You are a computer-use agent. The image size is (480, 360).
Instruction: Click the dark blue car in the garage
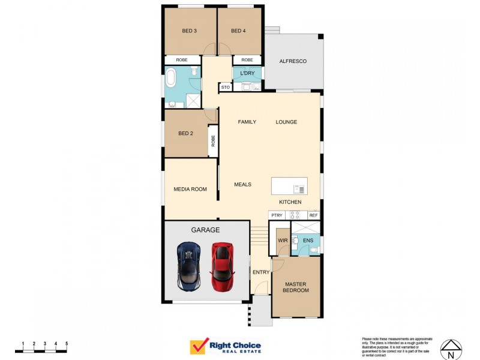pyautogui.click(x=188, y=266)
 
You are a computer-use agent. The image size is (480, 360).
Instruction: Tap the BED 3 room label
pyautogui.click(x=190, y=31)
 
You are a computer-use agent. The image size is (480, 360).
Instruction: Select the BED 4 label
pyautogui.click(x=239, y=31)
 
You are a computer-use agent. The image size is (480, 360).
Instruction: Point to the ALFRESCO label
pyautogui.click(x=293, y=61)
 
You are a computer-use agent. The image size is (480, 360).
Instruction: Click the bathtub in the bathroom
pyautogui.click(x=172, y=77)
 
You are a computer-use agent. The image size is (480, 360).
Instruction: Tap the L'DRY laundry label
pyautogui.click(x=247, y=74)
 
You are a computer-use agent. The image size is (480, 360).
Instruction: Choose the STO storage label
pyautogui.click(x=226, y=88)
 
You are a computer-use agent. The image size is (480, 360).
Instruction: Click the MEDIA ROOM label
pyautogui.click(x=190, y=189)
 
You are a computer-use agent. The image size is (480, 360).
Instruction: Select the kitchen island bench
pyautogui.click(x=289, y=186)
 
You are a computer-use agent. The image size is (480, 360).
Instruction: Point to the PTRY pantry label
pyautogui.click(x=277, y=215)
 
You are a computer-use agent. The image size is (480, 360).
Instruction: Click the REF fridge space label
pyautogui.click(x=313, y=215)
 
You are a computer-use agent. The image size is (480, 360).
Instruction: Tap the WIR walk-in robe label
pyautogui.click(x=282, y=241)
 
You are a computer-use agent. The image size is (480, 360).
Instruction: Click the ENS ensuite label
pyautogui.click(x=308, y=241)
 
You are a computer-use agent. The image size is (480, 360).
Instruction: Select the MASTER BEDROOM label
pyautogui.click(x=296, y=287)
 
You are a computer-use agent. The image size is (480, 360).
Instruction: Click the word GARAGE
pyautogui.click(x=205, y=230)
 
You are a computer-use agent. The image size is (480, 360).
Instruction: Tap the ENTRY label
pyautogui.click(x=261, y=272)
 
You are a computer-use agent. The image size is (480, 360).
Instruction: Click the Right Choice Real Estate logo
pyautogui.click(x=225, y=347)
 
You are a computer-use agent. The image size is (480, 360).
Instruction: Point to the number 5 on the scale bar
pyautogui.click(x=67, y=343)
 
